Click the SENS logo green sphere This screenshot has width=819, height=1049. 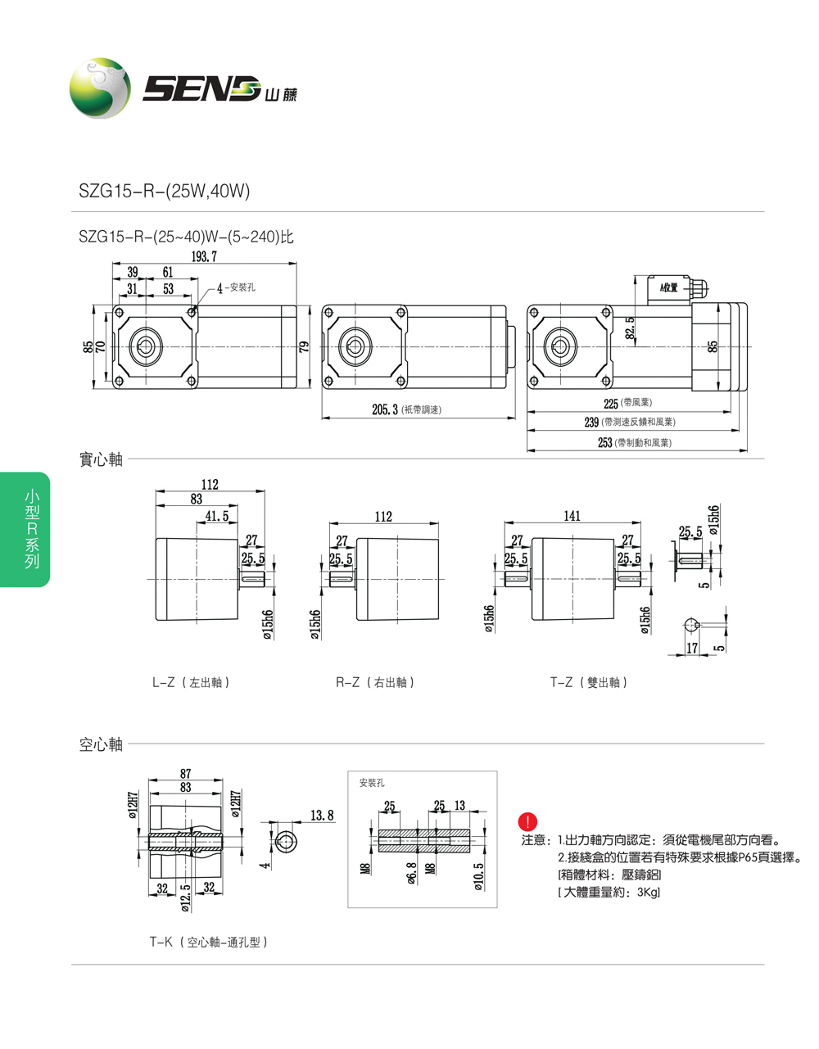100,88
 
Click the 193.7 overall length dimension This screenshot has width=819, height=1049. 204,256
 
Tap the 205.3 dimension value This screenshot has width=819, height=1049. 384,409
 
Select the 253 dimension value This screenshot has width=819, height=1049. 605,442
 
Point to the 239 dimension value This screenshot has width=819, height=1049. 591,422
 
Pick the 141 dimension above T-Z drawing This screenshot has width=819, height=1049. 572,516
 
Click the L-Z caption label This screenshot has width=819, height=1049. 190,682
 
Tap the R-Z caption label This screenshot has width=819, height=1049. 375,682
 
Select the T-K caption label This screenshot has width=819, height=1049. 208,942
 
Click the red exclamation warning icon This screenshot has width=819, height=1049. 529,821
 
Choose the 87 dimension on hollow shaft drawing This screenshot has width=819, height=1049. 186,773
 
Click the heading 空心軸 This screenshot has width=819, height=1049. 101,744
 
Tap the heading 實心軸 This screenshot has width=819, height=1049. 101,459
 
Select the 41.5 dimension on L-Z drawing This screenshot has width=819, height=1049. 217,516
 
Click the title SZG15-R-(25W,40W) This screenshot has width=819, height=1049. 164,191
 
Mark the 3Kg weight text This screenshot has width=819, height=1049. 648,892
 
